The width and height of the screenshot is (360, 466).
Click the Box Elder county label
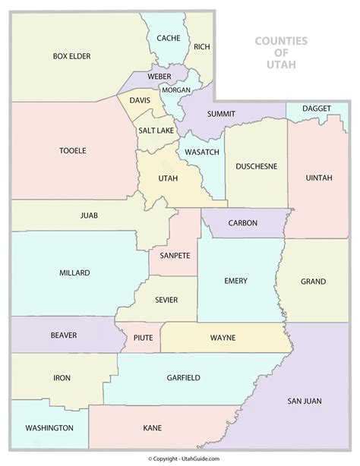(x=72, y=55)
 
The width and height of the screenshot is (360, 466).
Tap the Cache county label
(x=168, y=38)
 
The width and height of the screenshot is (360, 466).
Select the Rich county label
(x=201, y=47)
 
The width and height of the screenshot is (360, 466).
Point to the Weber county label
(x=159, y=77)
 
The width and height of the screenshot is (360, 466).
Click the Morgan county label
(x=175, y=90)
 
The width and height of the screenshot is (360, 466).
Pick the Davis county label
(x=140, y=100)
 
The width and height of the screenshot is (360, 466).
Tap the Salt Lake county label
(x=156, y=131)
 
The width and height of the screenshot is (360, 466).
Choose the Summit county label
(x=221, y=114)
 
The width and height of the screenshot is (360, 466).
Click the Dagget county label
(x=316, y=109)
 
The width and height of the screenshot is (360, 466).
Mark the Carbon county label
(x=242, y=223)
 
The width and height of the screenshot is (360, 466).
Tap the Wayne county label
(x=223, y=337)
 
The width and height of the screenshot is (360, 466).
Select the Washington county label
(x=49, y=428)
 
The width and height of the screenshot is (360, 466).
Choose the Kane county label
(x=153, y=429)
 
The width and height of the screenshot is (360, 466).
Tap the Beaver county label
(x=65, y=333)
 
